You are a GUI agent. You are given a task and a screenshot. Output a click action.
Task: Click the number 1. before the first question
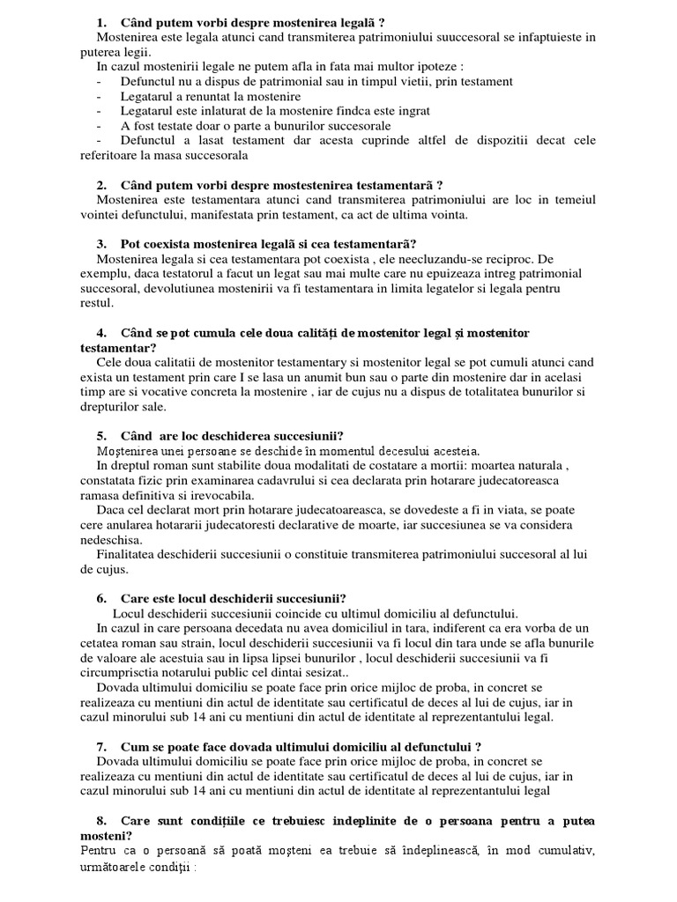pos(101,22)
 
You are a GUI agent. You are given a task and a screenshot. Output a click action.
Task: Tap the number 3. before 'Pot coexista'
pos(101,244)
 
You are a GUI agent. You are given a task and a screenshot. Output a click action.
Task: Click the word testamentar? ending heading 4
pos(116,348)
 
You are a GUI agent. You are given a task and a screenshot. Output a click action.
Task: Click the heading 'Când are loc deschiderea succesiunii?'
pos(232,436)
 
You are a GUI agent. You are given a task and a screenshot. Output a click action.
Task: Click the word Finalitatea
pos(130,555)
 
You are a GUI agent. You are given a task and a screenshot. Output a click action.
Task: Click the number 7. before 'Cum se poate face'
pos(101,746)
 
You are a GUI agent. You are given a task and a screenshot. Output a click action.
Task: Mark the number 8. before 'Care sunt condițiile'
pos(101,821)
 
